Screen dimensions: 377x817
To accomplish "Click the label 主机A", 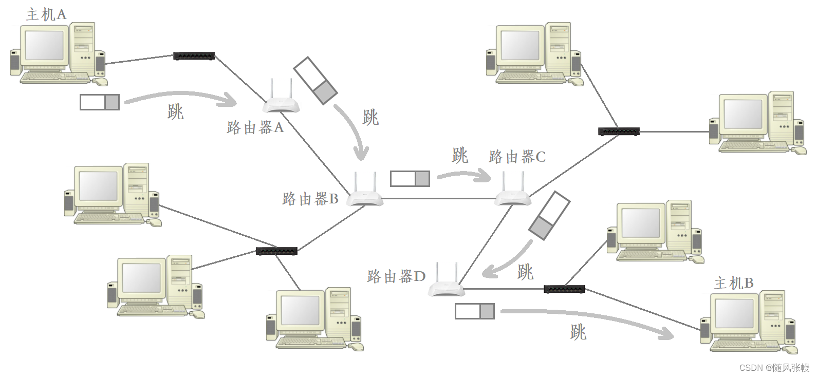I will [x=46, y=14].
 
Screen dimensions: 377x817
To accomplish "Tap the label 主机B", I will [x=734, y=283].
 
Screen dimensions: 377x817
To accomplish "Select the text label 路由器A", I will [x=255, y=127].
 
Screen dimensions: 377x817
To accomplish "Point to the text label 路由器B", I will [x=310, y=199].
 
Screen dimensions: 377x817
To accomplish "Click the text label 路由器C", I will [x=517, y=157].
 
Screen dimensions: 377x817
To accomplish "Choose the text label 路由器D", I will [x=396, y=276].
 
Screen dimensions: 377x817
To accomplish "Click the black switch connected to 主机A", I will [x=194, y=56].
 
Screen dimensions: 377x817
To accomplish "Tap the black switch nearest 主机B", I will [x=564, y=289].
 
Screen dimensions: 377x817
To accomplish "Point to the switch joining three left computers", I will [x=276, y=251].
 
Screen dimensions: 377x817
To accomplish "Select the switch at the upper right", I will [x=619, y=131].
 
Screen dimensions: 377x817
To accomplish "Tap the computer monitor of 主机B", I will [x=734, y=314].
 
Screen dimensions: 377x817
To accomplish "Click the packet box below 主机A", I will [x=100, y=102].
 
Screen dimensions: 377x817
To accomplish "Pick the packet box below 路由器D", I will [x=475, y=311].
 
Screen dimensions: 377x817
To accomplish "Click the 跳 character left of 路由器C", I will [x=460, y=155].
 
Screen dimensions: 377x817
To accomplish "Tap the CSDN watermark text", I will [x=774, y=368].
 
